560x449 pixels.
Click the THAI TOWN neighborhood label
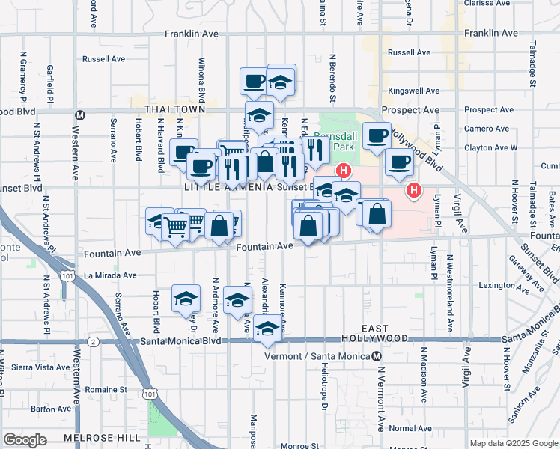[164, 109]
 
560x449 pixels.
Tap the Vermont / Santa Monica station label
[318, 357]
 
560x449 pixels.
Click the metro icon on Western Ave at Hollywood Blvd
[79, 114]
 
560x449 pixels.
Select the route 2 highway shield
[92, 341]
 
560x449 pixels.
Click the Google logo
[25, 440]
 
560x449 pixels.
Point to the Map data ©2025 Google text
[513, 443]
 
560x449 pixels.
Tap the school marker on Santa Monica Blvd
[267, 329]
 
